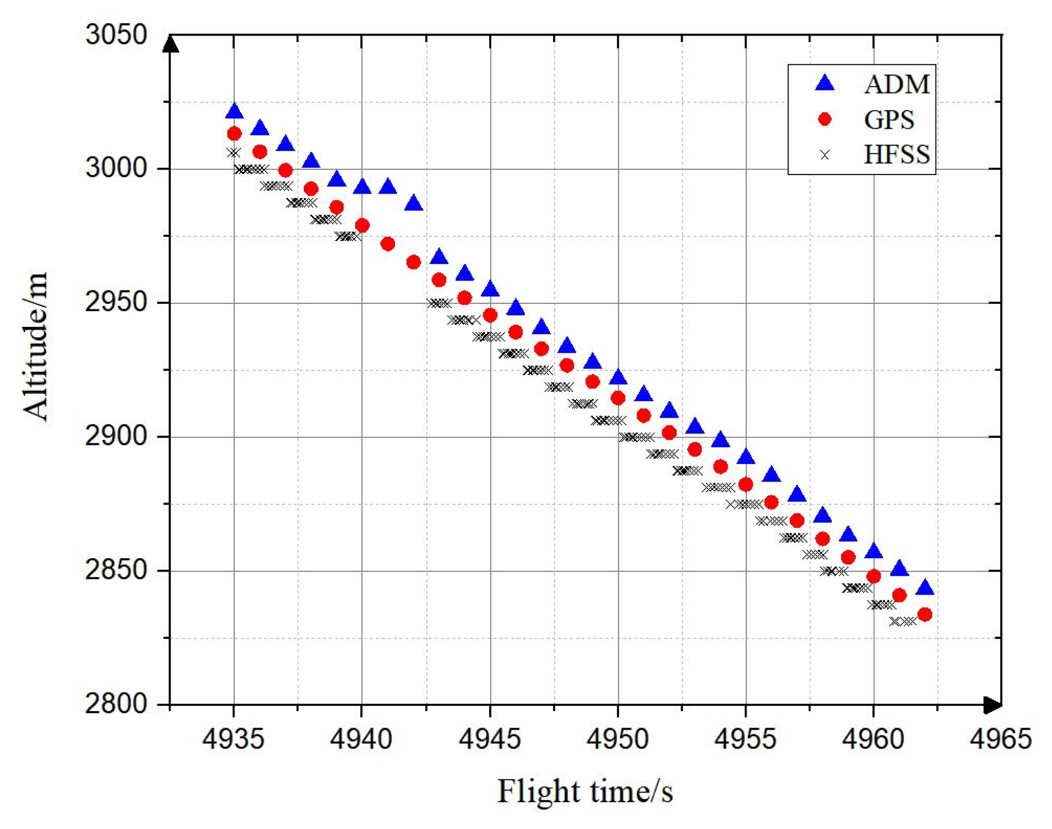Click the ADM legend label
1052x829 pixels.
(x=896, y=84)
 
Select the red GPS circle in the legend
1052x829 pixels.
(x=825, y=119)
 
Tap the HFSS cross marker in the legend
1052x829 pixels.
(x=825, y=154)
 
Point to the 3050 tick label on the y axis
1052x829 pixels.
(x=116, y=34)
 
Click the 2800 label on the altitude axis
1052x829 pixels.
(x=116, y=703)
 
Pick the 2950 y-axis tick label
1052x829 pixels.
(x=116, y=302)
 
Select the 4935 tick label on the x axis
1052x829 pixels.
(x=233, y=739)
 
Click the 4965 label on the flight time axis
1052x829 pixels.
(x=1001, y=739)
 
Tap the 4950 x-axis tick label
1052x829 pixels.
(x=617, y=739)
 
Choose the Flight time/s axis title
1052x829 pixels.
(x=585, y=791)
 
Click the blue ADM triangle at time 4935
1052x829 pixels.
(x=234, y=111)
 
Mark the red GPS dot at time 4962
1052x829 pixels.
(x=925, y=614)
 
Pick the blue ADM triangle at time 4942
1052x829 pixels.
(x=413, y=204)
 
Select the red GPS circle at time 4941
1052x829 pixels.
(x=388, y=244)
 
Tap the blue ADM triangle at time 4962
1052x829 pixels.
(x=925, y=588)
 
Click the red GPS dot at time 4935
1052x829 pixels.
(x=234, y=134)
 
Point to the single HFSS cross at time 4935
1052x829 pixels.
(x=234, y=152)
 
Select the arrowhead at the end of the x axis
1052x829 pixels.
(x=992, y=705)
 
